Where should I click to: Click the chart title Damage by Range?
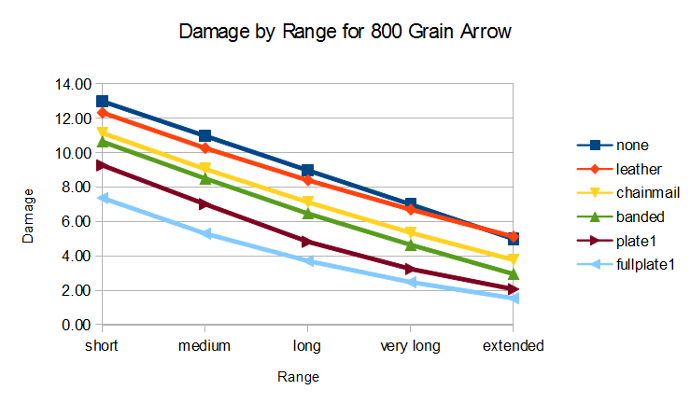(345, 33)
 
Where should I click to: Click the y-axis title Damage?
(29, 216)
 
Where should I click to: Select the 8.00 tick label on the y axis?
(75, 187)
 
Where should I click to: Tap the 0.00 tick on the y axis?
(75, 325)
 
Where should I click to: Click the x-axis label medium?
(204, 345)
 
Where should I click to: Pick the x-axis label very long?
(411, 345)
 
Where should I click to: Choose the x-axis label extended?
(513, 345)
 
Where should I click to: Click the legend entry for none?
(632, 145)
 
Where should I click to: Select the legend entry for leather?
(638, 169)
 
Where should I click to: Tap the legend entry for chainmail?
(647, 193)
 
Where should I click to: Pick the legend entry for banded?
(640, 217)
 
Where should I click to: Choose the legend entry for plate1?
(635, 242)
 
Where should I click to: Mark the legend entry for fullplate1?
(644, 266)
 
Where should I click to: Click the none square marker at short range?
(102, 101)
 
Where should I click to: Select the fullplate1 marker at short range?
(102, 198)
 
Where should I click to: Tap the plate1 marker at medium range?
(204, 203)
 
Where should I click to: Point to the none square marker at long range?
(307, 171)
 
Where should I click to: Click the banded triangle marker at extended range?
(513, 274)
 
